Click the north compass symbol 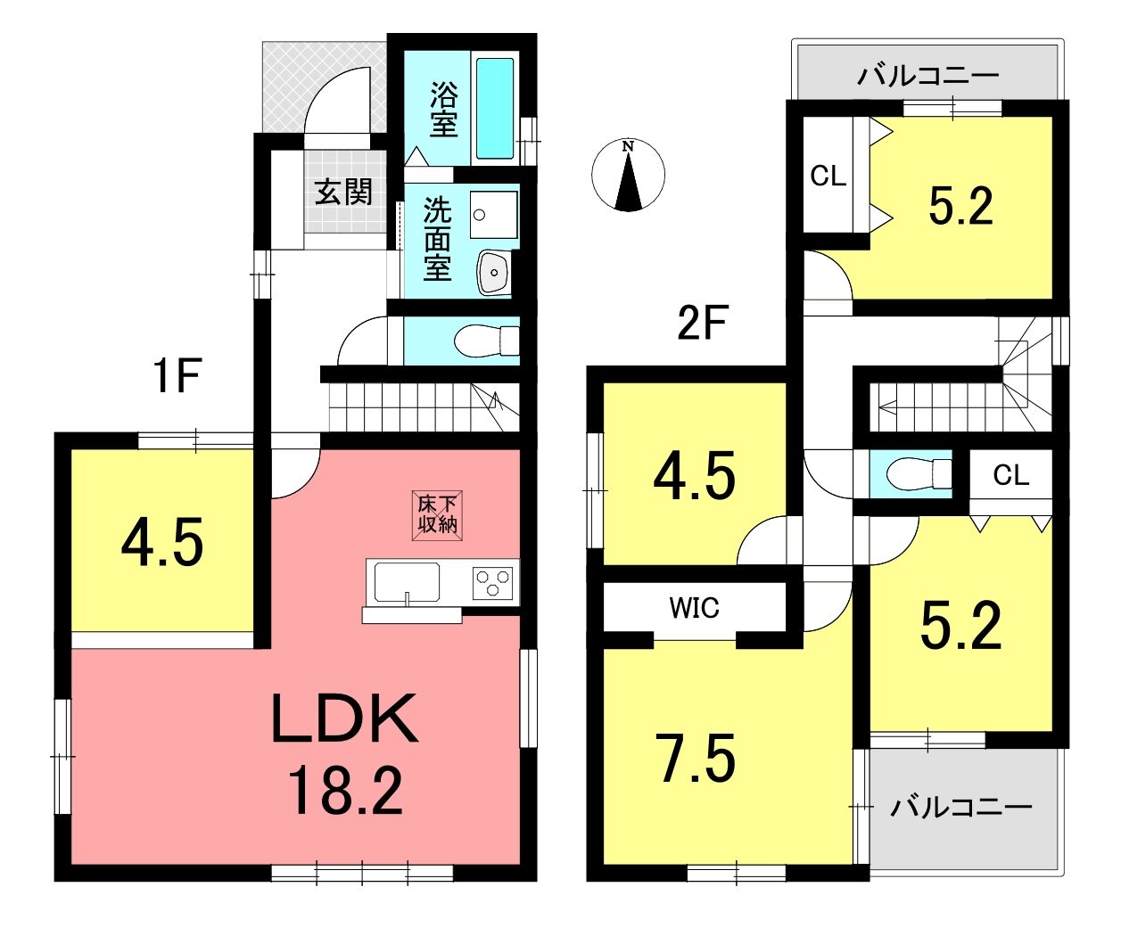click(628, 175)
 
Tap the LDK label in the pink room click(344, 719)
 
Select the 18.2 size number click(345, 792)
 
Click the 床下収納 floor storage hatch click(438, 515)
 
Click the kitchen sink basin click(407, 582)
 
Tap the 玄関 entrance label click(343, 193)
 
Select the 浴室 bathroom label click(443, 109)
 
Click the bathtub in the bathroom click(494, 109)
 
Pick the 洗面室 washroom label click(438, 240)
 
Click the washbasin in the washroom click(494, 272)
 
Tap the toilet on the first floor click(486, 340)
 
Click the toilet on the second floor click(919, 473)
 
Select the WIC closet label click(694, 608)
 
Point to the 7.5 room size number click(696, 759)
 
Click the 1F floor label click(177, 375)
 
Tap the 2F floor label click(702, 323)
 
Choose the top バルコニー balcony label click(927, 76)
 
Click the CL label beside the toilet click(1011, 475)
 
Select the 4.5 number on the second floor click(694, 476)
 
